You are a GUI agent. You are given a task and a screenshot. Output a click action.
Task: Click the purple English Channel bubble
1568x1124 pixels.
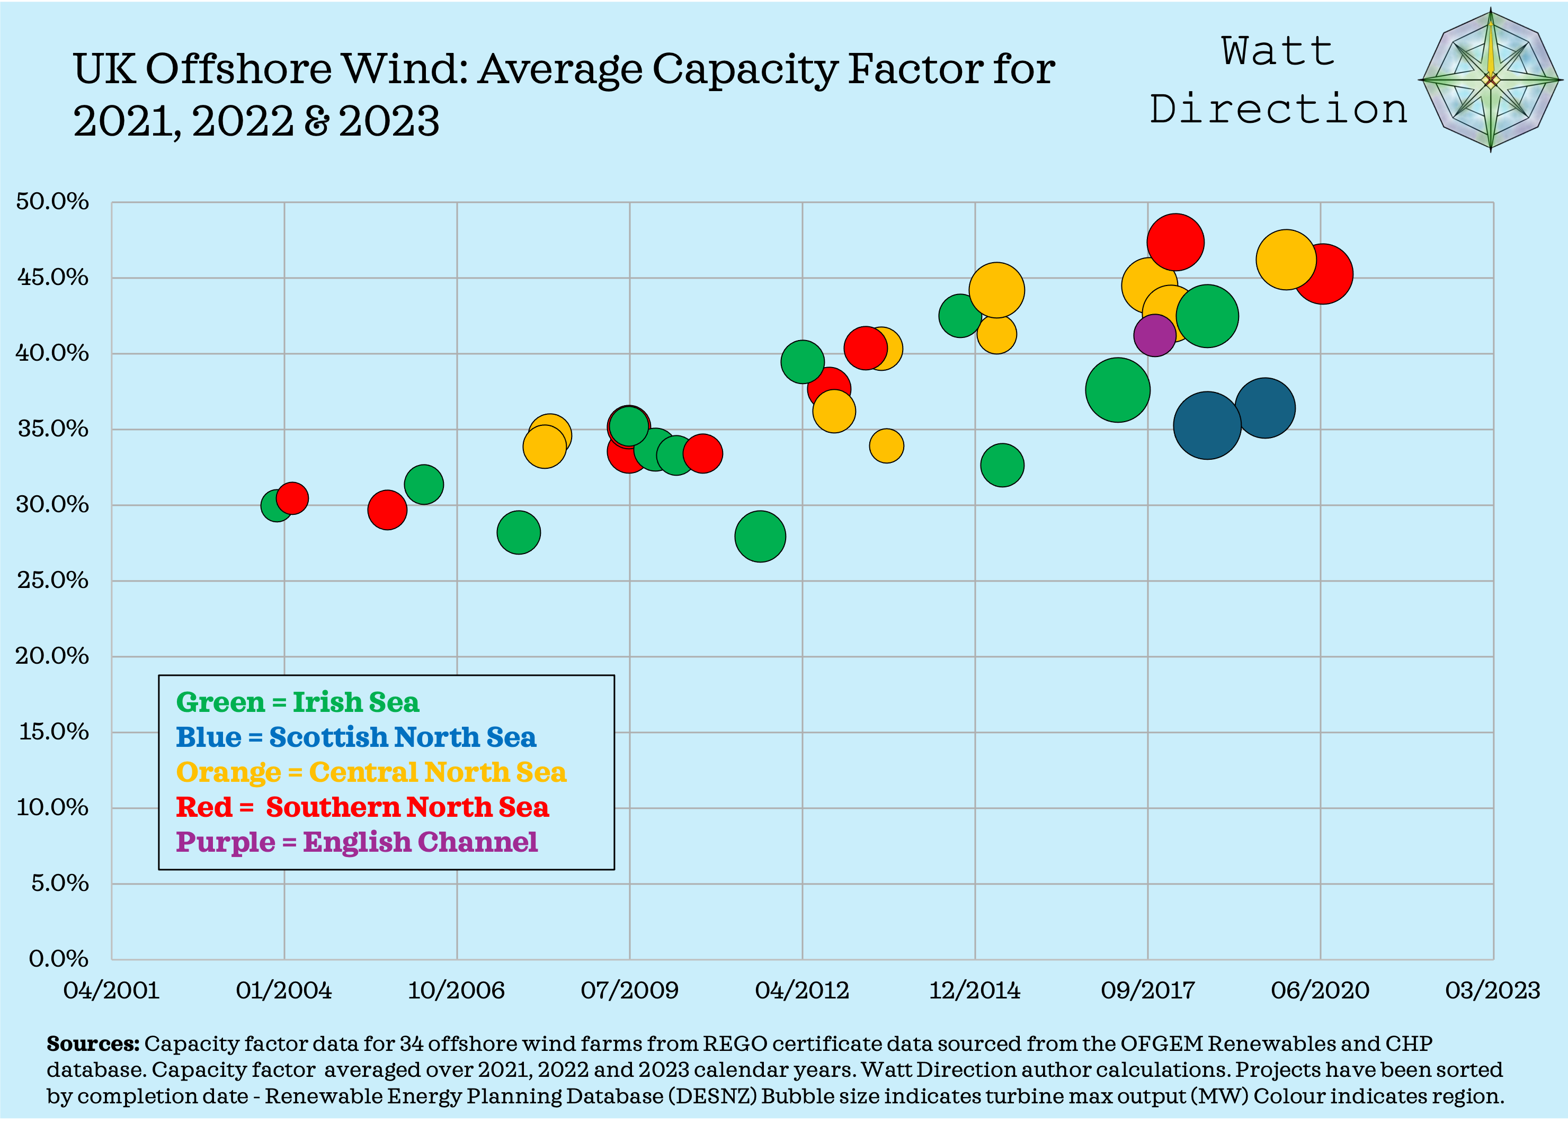pyautogui.click(x=1154, y=335)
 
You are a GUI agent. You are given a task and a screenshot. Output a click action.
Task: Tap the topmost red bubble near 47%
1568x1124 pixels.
pyautogui.click(x=1174, y=242)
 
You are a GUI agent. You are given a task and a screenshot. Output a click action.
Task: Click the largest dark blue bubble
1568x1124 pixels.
pyautogui.click(x=1206, y=425)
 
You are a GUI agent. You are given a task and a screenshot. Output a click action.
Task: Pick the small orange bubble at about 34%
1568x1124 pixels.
pyautogui.click(x=886, y=446)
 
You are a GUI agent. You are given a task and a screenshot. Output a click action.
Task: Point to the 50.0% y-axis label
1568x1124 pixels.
pyautogui.click(x=52, y=201)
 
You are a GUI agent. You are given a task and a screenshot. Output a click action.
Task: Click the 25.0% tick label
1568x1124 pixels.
pyautogui.click(x=52, y=580)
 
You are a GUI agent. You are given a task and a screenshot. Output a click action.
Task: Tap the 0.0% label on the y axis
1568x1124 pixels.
pyautogui.click(x=58, y=959)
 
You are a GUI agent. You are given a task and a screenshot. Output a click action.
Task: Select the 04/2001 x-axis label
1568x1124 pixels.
pyautogui.click(x=111, y=991)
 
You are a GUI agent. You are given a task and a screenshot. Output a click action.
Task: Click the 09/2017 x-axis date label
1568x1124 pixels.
pyautogui.click(x=1147, y=991)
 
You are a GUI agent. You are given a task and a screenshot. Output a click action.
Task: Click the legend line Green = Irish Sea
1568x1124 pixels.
pyautogui.click(x=297, y=702)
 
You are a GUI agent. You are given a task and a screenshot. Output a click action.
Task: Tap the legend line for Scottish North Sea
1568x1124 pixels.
pyautogui.click(x=355, y=737)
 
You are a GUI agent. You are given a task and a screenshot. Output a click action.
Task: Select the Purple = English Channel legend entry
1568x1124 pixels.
pyautogui.click(x=356, y=842)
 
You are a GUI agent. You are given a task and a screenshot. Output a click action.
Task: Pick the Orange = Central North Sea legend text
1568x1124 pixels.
pyautogui.click(x=371, y=772)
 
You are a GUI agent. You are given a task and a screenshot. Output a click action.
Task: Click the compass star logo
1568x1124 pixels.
pyautogui.click(x=1491, y=80)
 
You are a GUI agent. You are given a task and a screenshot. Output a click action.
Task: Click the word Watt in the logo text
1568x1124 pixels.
pyautogui.click(x=1278, y=52)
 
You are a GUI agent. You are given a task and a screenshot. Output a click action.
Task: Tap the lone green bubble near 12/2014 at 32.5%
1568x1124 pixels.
pyautogui.click(x=1002, y=465)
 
